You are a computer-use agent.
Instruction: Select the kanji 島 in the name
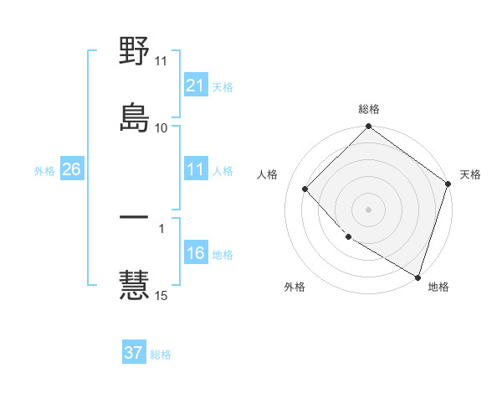[x=135, y=116]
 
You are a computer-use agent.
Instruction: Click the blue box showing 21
[x=195, y=86]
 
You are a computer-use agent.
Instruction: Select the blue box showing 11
[x=195, y=170]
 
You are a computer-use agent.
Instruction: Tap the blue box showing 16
[x=195, y=254]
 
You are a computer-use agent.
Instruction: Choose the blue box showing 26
[x=72, y=170]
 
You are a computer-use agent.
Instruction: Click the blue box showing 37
[x=134, y=354]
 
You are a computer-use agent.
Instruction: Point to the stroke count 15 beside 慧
[x=161, y=295]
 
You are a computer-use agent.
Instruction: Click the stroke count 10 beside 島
[x=161, y=128]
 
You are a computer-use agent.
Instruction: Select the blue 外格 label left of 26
[x=44, y=171]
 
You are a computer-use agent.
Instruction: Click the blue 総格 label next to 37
[x=161, y=355]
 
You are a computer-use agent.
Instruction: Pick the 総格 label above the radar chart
[x=369, y=109]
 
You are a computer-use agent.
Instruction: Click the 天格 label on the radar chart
[x=470, y=174]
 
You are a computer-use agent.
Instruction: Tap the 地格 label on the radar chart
[x=438, y=288]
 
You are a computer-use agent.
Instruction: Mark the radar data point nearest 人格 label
[x=305, y=189]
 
